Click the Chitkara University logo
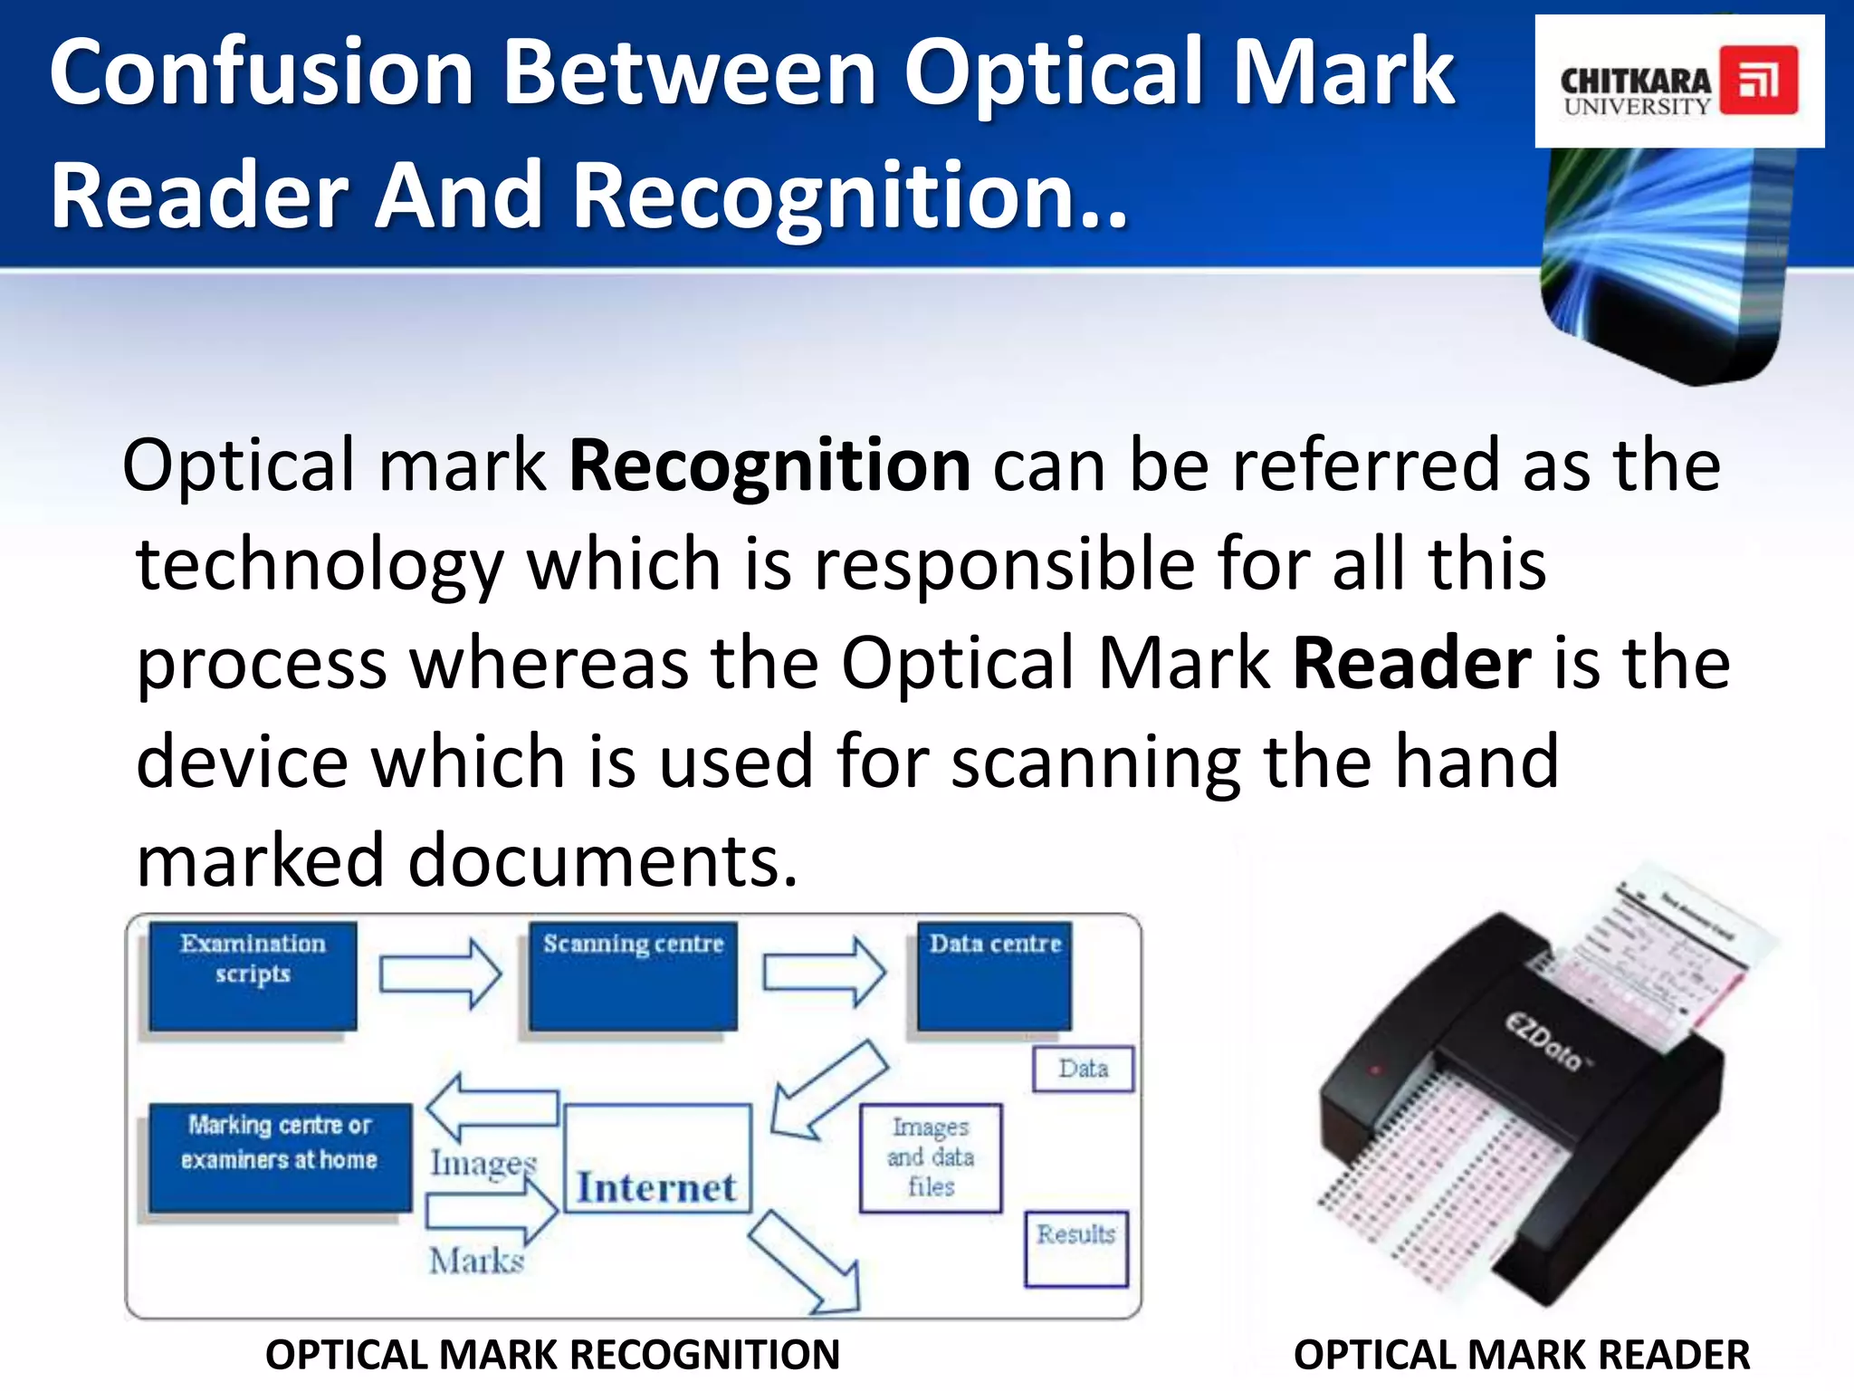click(x=1678, y=82)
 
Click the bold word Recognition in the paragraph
click(x=769, y=466)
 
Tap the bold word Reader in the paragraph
click(x=1411, y=664)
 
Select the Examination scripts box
click(x=253, y=975)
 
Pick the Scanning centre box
click(x=633, y=975)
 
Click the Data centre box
click(x=994, y=975)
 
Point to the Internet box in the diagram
click(x=658, y=1158)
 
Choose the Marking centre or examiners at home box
click(x=280, y=1157)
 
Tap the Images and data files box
click(x=931, y=1157)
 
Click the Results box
click(x=1076, y=1248)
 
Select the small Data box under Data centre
click(x=1083, y=1069)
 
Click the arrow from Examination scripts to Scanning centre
click(x=440, y=974)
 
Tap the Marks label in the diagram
click(x=477, y=1261)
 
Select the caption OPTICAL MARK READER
click(x=1521, y=1355)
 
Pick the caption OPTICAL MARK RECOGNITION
click(x=552, y=1355)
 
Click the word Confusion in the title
click(x=263, y=72)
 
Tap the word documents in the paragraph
click(x=602, y=860)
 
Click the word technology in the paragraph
click(x=319, y=565)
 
